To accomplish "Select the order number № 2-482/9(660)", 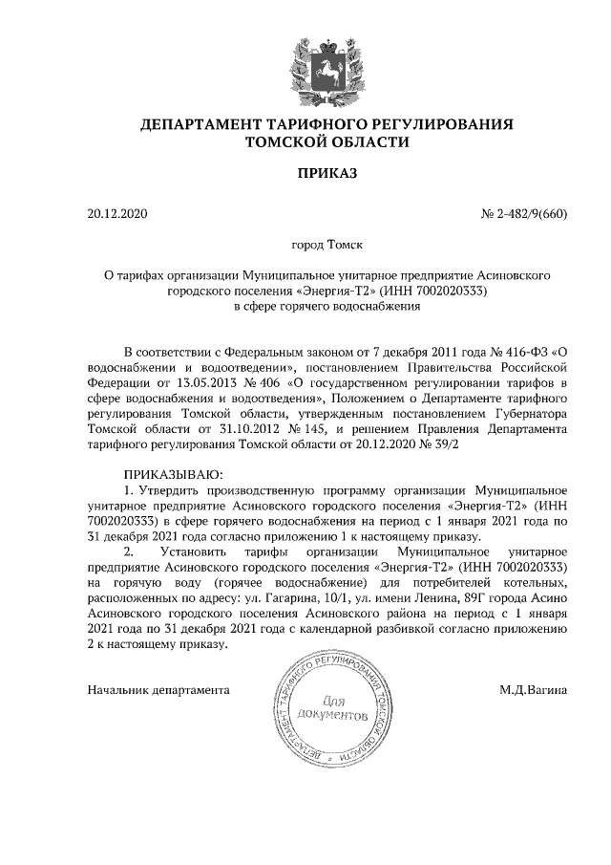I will point(523,213).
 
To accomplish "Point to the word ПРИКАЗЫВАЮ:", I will point(173,474).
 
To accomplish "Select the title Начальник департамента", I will point(158,688).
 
